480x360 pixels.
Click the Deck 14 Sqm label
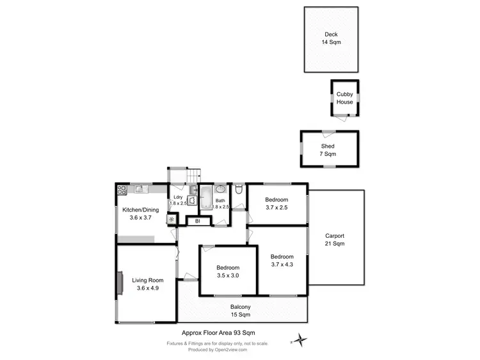pos(331,38)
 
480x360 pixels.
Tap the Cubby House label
pos(345,98)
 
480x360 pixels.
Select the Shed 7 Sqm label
pos(328,150)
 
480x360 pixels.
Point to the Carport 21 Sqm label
pos(335,240)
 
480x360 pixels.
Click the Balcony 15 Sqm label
pos(241,311)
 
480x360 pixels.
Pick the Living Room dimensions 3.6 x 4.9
pos(147,288)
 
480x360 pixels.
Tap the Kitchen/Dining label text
pos(140,209)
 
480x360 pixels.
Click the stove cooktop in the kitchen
pos(122,189)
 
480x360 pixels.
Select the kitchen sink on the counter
pos(138,189)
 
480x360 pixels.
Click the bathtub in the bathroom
pos(206,198)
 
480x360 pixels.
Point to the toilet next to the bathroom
pos(238,189)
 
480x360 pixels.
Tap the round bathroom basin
pos(221,189)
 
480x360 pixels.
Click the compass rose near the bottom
pos(298,340)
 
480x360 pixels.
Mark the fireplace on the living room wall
pos(120,283)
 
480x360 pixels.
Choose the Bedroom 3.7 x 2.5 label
pos(276,203)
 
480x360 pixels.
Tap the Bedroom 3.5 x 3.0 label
pos(227,272)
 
